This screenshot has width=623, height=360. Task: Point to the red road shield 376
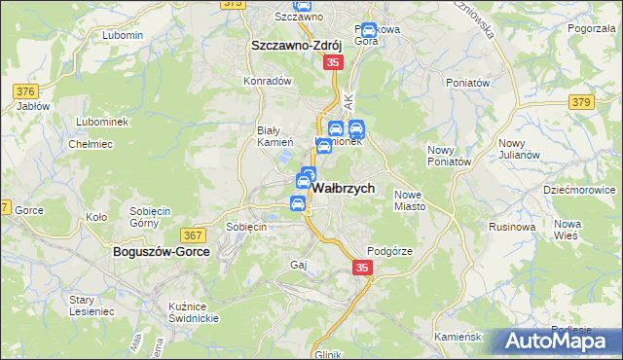click(x=25, y=91)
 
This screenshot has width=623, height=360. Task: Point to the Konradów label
click(x=268, y=81)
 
